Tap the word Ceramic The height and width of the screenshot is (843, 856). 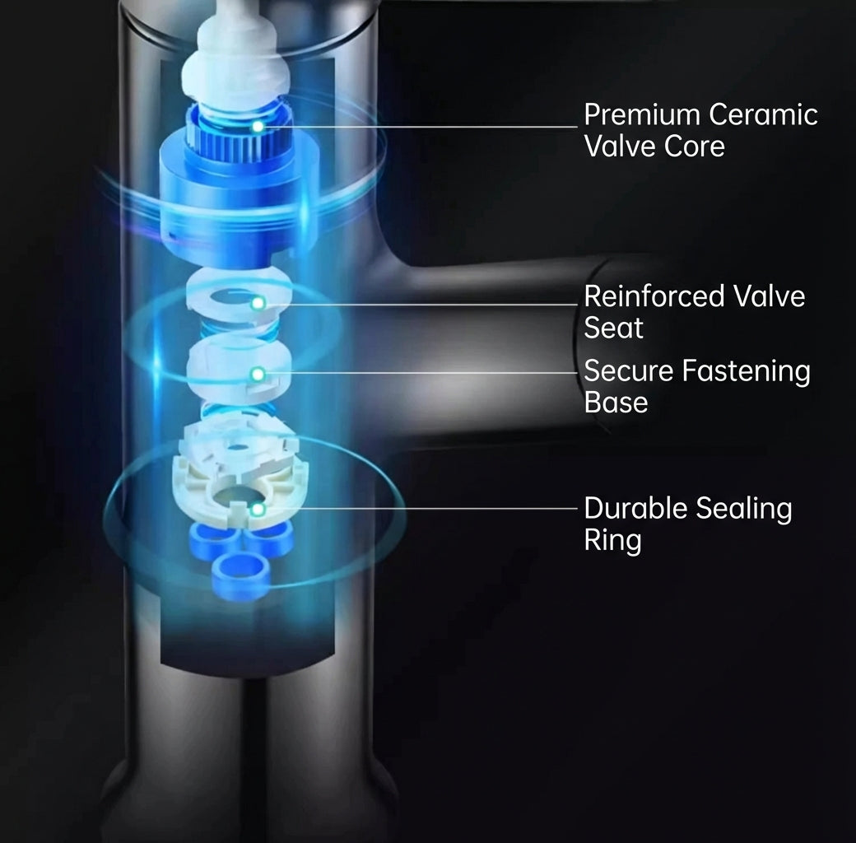[763, 114]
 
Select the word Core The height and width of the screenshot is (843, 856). [695, 147]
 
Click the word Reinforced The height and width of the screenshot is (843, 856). [654, 296]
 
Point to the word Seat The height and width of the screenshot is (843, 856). [614, 328]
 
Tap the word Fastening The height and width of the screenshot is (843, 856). [747, 372]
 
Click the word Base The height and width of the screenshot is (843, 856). [616, 403]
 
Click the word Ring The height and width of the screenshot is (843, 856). [612, 541]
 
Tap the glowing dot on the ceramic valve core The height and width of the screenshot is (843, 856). [258, 128]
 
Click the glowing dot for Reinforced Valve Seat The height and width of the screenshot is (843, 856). [258, 304]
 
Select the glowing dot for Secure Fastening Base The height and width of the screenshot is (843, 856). [258, 375]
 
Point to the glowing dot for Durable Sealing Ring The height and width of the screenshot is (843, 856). [258, 510]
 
